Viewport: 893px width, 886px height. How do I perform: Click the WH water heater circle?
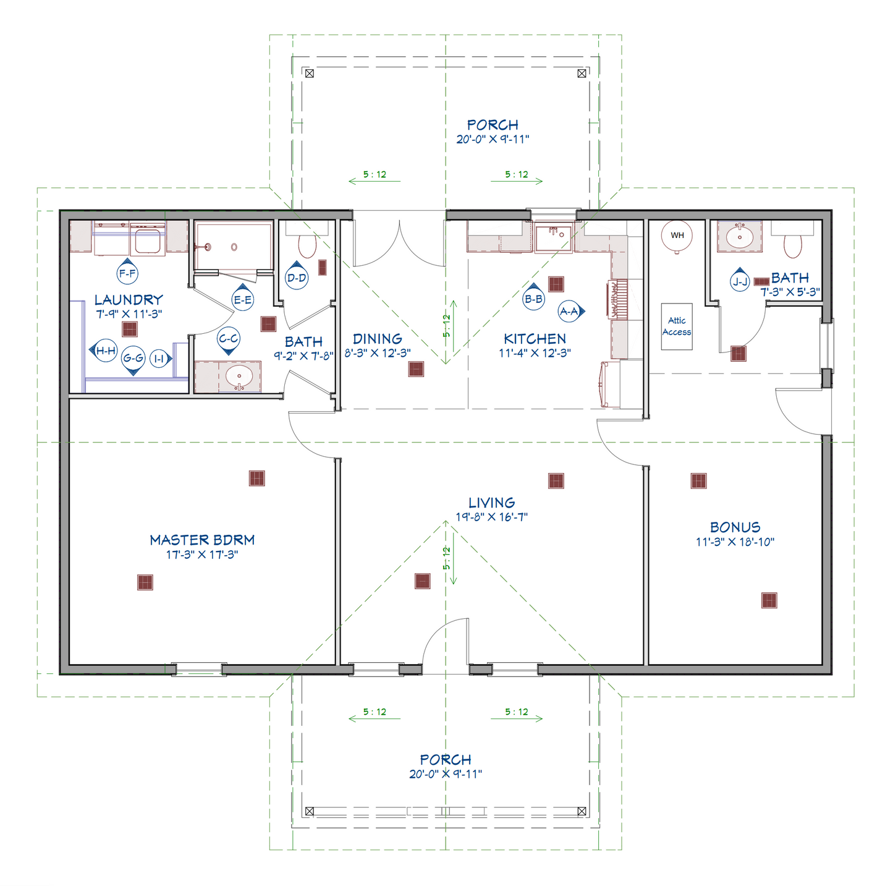coord(677,236)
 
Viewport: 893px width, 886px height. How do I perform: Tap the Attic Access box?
coord(677,326)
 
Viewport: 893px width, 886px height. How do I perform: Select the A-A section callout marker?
coord(570,312)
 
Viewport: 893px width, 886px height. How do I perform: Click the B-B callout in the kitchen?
coord(533,299)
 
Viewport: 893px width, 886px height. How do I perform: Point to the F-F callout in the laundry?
coord(127,273)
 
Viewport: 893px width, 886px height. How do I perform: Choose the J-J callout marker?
coord(740,282)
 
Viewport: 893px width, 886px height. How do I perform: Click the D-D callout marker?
coord(297,278)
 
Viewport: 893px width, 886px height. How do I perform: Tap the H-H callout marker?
coord(105,351)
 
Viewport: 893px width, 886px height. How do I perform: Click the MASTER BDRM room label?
coord(202,540)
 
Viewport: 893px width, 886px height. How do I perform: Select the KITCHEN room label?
coord(535,339)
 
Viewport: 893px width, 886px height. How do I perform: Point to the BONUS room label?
coord(735,527)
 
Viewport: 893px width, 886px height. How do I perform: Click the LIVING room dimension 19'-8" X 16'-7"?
coord(492,518)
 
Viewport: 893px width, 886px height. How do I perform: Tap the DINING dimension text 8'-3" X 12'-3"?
coord(378,353)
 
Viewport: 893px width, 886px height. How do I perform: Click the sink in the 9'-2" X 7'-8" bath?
coord(239,377)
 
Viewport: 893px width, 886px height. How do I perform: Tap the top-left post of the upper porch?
coord(310,73)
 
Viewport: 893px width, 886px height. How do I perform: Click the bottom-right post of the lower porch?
coord(582,811)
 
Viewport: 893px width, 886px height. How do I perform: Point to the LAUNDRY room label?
coord(129,300)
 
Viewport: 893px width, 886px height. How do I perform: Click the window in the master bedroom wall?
coord(198,670)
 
